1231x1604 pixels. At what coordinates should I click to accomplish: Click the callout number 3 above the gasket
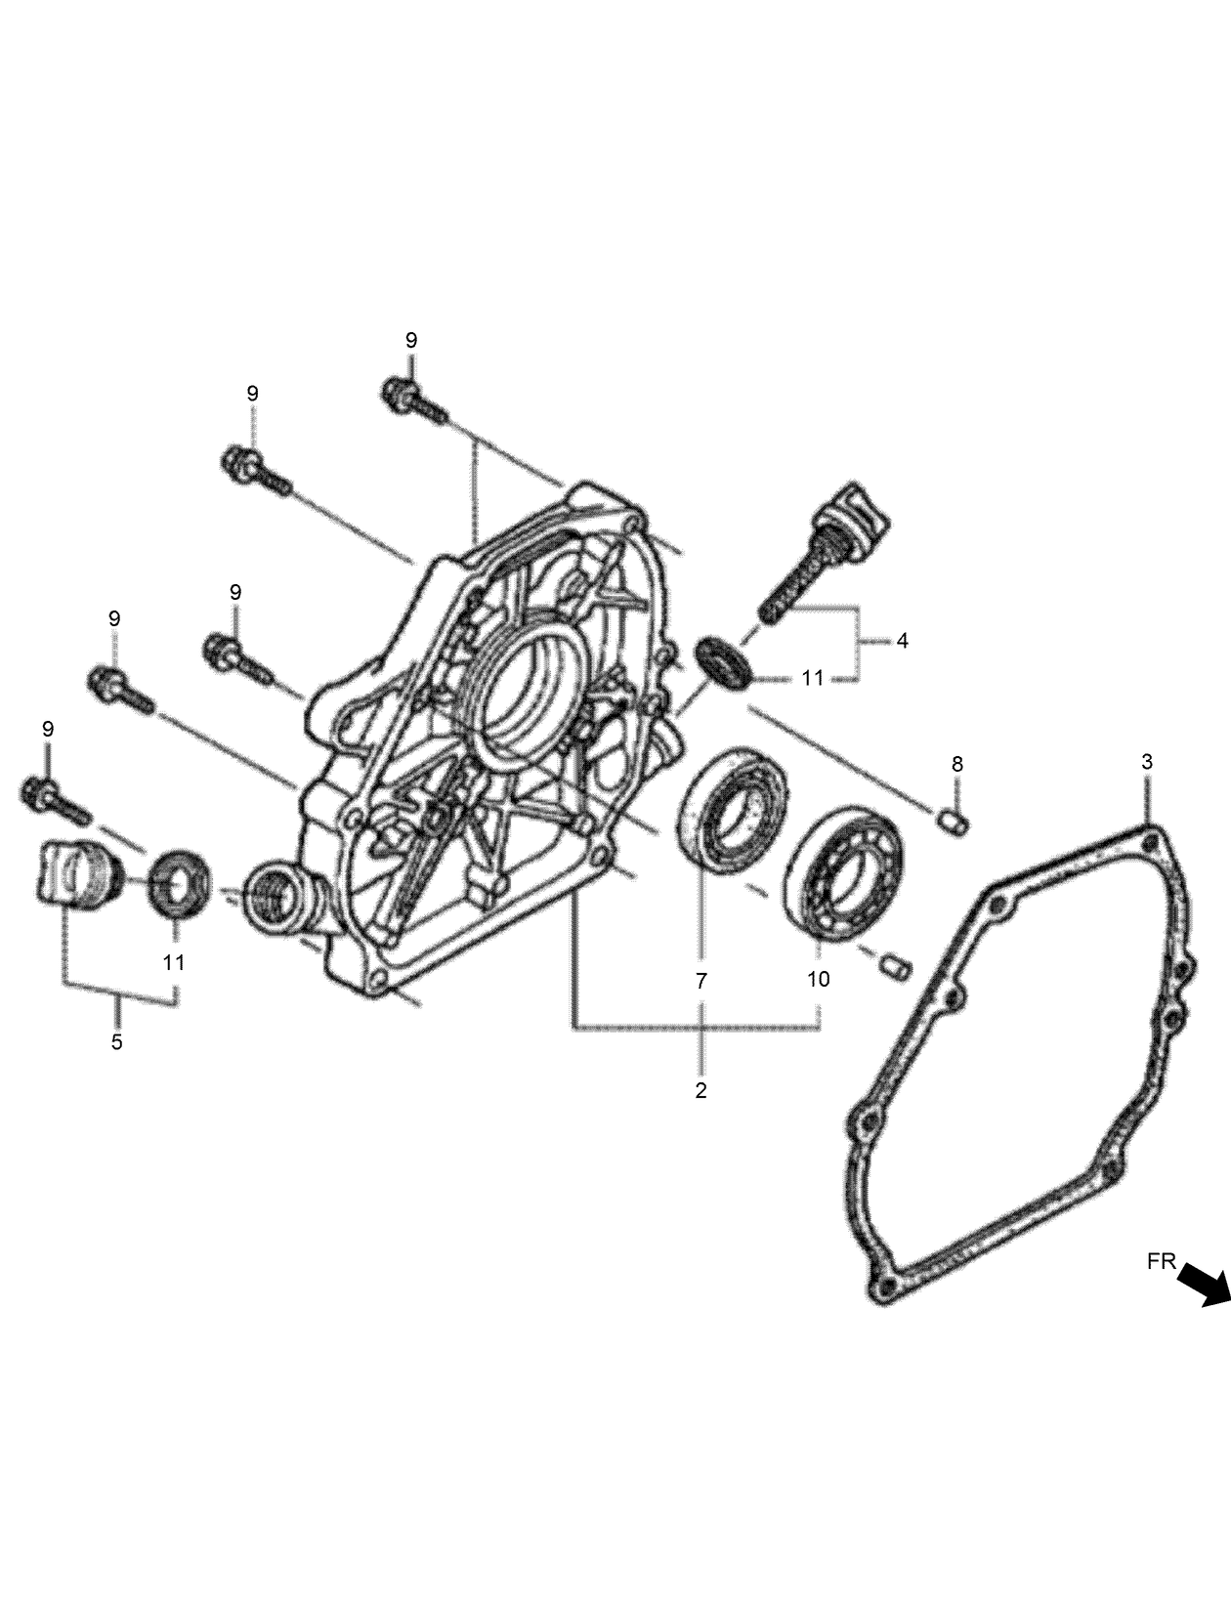1147,761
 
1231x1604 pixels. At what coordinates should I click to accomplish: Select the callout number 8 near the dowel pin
957,763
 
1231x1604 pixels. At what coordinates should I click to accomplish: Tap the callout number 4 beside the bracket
902,641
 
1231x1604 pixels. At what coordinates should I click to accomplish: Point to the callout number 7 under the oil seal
700,981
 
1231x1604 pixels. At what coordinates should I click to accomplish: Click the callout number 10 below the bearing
819,978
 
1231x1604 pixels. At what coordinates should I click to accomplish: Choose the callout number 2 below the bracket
700,1091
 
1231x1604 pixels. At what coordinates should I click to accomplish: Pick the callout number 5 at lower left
117,1041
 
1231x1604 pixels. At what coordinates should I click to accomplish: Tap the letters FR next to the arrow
1162,1261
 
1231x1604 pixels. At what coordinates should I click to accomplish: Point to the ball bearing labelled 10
846,871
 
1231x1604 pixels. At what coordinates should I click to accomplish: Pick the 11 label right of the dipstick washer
813,678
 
